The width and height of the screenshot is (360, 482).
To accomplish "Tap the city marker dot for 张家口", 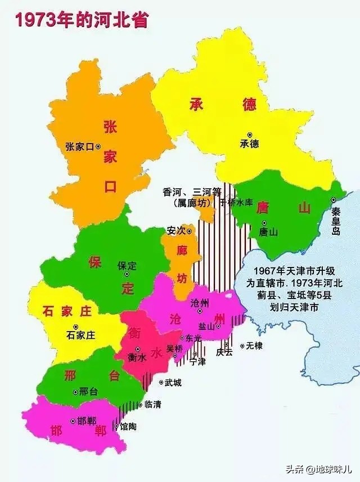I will click(x=98, y=146).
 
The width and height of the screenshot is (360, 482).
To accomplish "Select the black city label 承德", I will click(x=249, y=144).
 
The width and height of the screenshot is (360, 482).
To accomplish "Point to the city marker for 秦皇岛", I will click(x=334, y=200).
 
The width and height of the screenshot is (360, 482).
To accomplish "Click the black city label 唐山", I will click(x=268, y=232).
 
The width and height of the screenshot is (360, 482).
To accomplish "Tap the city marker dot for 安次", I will click(x=189, y=230).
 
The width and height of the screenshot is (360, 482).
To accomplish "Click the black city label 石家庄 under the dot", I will click(x=80, y=335).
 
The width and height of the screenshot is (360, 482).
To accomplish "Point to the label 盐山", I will click(x=206, y=326).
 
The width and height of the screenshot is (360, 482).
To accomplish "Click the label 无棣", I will click(x=254, y=346).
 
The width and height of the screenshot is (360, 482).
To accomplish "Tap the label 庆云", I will click(x=224, y=352).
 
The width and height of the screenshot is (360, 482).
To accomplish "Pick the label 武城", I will click(x=173, y=383).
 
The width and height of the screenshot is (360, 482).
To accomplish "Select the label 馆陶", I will click(x=128, y=426).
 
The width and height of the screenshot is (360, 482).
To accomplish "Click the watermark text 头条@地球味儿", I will click(x=325, y=468).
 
